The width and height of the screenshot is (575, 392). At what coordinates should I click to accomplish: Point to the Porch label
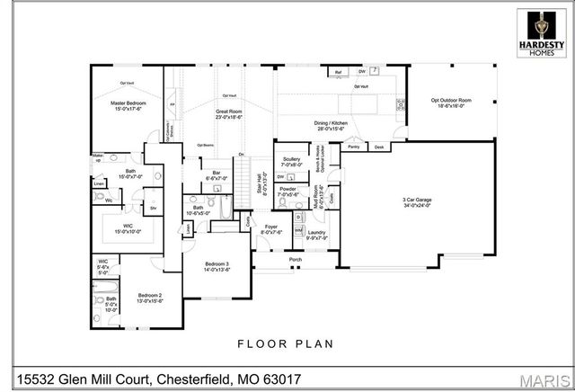click(295, 260)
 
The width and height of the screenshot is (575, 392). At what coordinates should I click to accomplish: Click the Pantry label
click(353, 146)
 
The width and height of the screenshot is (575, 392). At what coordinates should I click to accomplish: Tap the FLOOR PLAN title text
click(287, 343)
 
